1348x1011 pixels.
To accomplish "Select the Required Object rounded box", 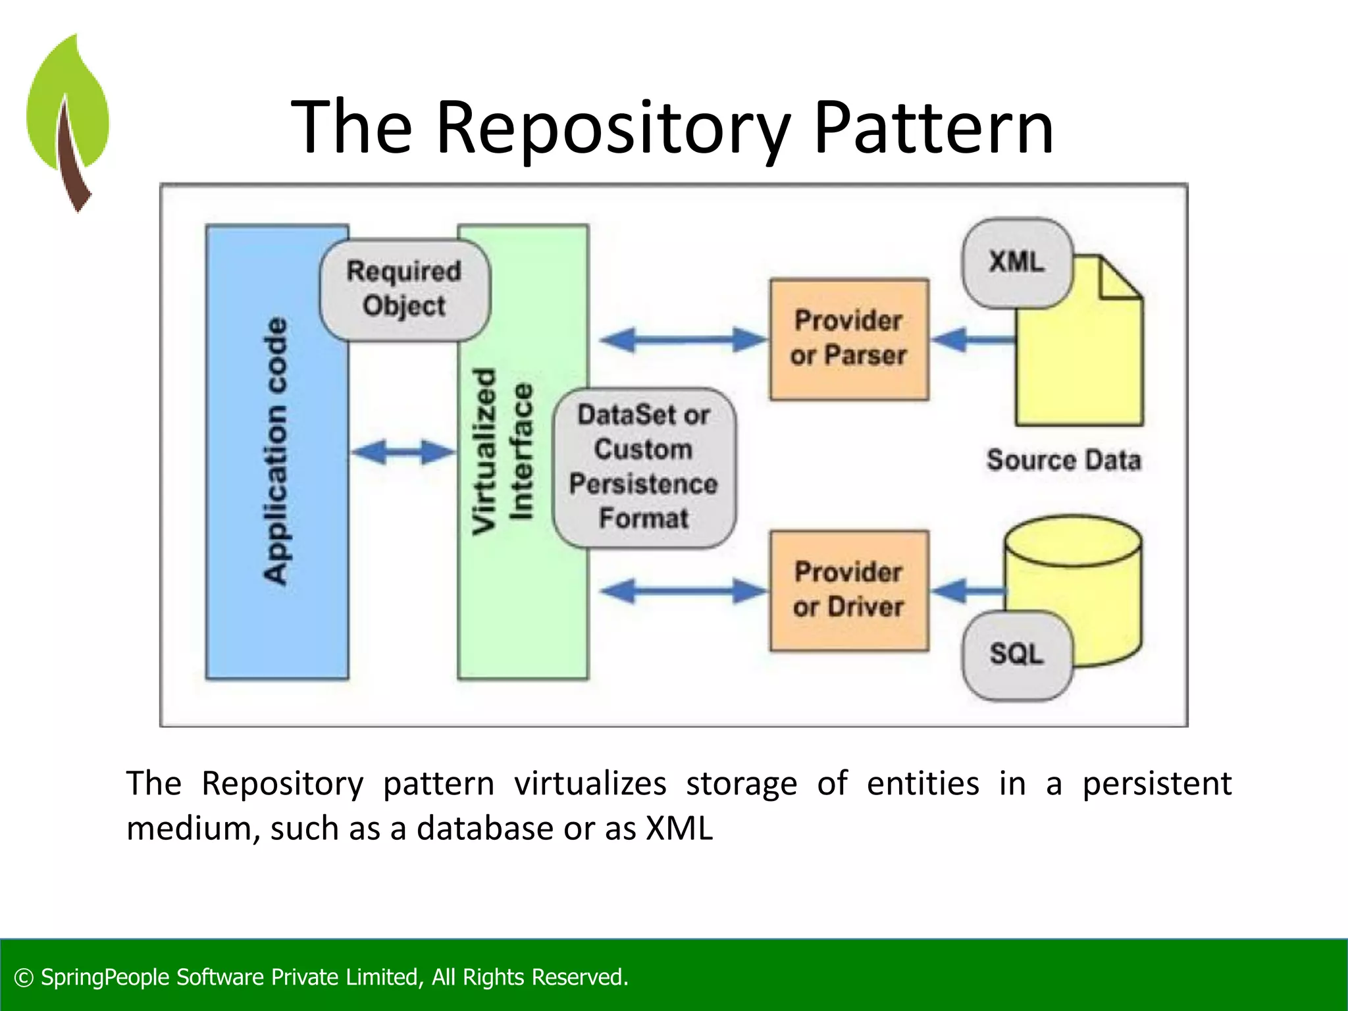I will click(404, 290).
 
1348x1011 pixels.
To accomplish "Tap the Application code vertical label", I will click(276, 452).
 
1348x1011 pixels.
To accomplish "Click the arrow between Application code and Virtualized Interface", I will click(403, 452).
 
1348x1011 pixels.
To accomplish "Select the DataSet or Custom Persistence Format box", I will click(644, 467).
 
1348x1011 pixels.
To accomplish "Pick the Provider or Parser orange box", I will click(849, 339).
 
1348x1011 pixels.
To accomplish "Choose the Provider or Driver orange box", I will click(849, 590).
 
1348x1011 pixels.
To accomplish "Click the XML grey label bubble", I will click(1016, 263).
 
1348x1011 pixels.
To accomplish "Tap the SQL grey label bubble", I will click(1016, 654).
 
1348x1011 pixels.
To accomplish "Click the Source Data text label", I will click(1063, 460).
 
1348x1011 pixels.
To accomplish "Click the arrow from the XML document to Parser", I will click(973, 340).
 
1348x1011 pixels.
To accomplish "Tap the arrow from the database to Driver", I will click(968, 590).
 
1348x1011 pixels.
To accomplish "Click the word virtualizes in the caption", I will click(590, 784).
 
